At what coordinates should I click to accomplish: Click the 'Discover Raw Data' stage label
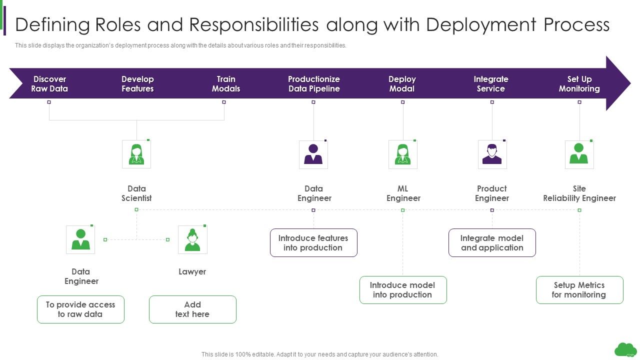tap(49, 84)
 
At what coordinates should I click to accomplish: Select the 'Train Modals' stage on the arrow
tap(226, 84)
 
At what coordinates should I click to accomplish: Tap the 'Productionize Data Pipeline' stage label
tap(313, 84)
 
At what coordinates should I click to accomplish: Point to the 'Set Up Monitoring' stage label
tap(579, 84)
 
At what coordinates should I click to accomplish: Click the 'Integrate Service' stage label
tap(490, 84)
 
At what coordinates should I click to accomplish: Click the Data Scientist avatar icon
tap(136, 154)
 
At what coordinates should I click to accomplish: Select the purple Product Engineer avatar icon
tap(492, 154)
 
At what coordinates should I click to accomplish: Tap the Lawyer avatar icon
tap(192, 239)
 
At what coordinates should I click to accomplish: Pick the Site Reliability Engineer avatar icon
tap(579, 154)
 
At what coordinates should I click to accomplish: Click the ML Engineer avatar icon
tap(402, 154)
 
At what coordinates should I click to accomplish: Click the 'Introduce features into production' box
tap(313, 243)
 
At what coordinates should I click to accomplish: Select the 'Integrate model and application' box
tap(492, 243)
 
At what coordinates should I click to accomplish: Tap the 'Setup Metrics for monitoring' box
tap(579, 290)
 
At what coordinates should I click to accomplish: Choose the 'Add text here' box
tap(192, 309)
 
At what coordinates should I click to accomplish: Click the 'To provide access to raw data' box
tap(80, 309)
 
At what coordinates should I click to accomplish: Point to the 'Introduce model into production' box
tap(402, 290)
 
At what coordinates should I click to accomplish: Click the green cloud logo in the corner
tap(625, 349)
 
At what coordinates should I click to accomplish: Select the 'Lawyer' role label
tap(192, 272)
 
